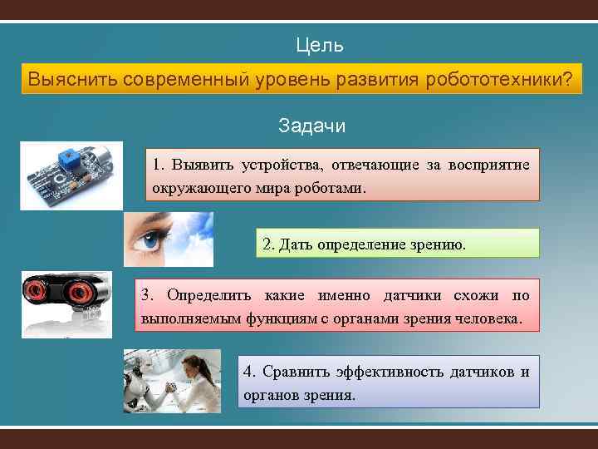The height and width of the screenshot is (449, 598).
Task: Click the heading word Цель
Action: click(320, 45)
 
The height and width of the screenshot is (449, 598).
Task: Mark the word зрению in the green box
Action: click(443, 244)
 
